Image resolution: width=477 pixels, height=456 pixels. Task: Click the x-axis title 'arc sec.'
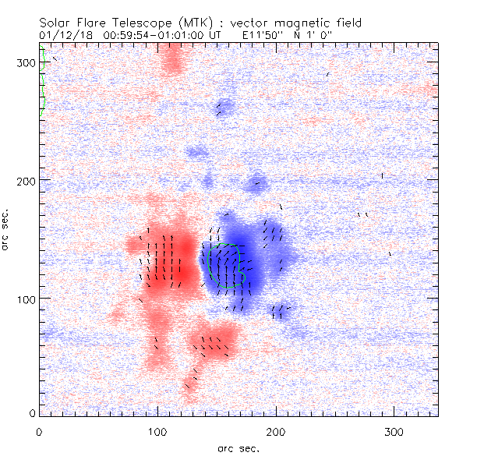tap(239, 447)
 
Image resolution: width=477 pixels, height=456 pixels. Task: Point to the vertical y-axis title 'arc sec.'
tap(9, 229)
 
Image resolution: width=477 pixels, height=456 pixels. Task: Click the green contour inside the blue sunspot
tap(226, 265)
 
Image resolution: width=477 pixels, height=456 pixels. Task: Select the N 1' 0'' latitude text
tap(313, 34)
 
